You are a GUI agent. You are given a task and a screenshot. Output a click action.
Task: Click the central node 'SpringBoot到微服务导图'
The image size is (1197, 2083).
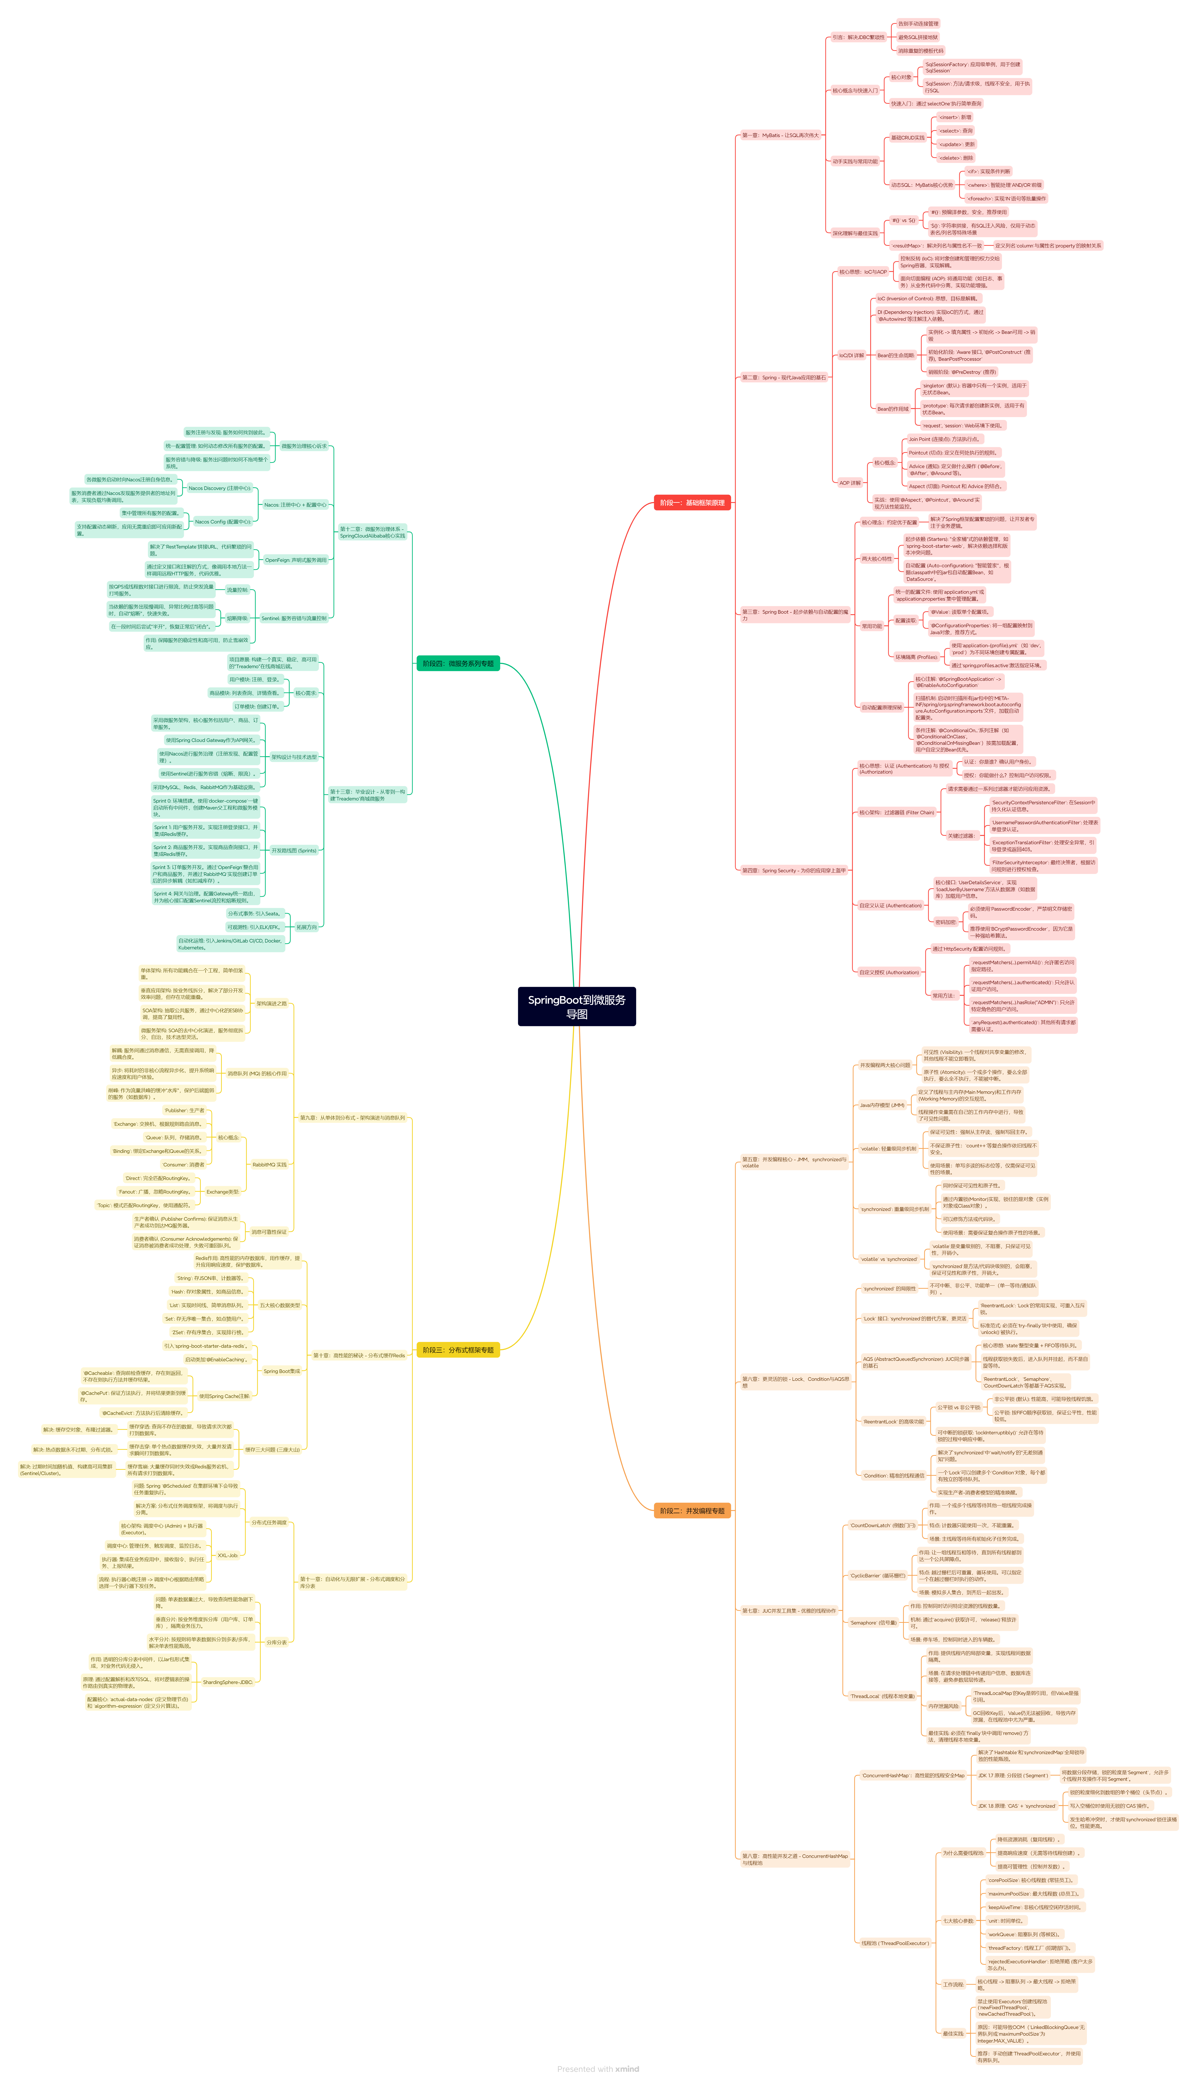[576, 1006]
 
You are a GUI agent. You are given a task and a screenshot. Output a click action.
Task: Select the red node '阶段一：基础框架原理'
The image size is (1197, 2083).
[692, 502]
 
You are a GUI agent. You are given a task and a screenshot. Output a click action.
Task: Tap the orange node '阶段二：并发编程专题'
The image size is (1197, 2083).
[692, 1511]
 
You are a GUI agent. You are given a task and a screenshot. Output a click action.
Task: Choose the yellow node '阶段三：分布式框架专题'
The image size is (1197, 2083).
[458, 1350]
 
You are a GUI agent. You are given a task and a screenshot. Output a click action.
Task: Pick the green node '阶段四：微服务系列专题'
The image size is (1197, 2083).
[458, 663]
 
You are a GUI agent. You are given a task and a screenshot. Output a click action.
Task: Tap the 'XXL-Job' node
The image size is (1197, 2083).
[228, 1555]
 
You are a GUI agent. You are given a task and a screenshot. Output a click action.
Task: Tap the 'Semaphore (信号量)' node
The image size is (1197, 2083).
[873, 1623]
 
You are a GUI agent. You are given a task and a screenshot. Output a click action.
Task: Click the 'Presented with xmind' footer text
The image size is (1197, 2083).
[598, 2069]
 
